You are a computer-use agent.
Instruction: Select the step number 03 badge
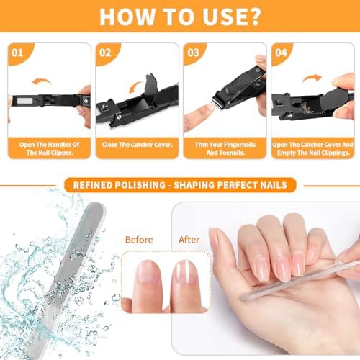pos(194,53)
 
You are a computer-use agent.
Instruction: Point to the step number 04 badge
pos(282,53)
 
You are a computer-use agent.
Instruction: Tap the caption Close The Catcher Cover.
pos(137,144)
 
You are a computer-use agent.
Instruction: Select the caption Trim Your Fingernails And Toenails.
pos(224,148)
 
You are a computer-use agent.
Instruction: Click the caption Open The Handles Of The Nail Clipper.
pos(49,148)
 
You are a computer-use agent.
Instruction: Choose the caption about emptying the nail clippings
pos(312,148)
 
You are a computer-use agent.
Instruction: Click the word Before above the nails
pos(140,239)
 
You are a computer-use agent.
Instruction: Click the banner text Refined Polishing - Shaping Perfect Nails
pos(180,185)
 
